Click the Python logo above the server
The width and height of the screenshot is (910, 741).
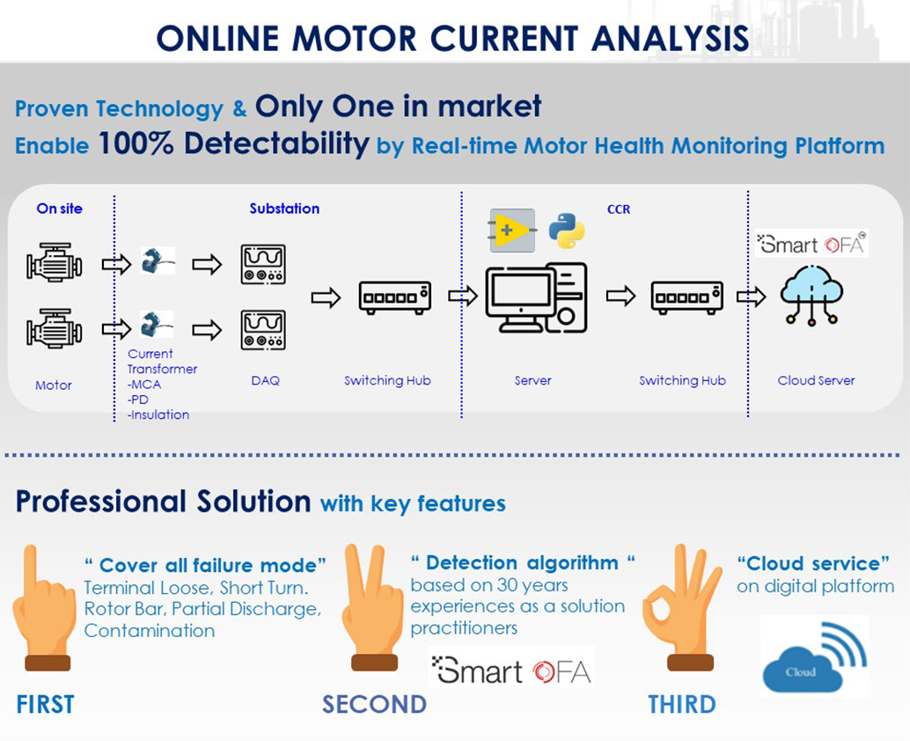point(567,231)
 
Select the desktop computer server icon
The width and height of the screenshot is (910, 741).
point(535,297)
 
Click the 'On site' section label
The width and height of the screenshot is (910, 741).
point(59,209)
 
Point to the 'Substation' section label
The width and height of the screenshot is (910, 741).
point(284,209)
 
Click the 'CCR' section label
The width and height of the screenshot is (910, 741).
point(619,209)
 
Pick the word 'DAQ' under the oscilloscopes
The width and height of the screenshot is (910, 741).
point(265,380)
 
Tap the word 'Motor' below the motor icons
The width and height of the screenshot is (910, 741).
point(54,385)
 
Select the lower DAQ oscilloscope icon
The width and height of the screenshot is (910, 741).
point(263,330)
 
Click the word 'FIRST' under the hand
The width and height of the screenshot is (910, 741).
point(45,704)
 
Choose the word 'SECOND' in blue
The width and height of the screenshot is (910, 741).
point(374,704)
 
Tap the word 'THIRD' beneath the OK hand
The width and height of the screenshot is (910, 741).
point(681,704)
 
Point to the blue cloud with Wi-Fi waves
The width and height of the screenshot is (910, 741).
point(814,656)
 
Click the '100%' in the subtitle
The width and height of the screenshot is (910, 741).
point(136,143)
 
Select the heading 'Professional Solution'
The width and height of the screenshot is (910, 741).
point(163,502)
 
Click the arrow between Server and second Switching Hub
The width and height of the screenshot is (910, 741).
point(620,297)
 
